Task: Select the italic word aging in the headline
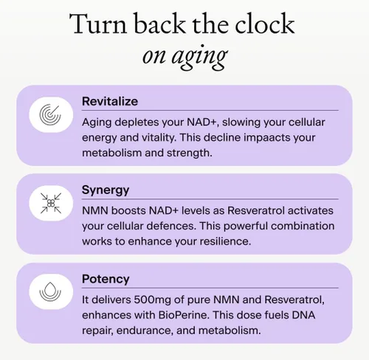pyautogui.click(x=201, y=57)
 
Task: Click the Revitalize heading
pyautogui.click(x=109, y=101)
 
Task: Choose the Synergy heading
pyautogui.click(x=106, y=190)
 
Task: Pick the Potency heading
pyautogui.click(x=105, y=279)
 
